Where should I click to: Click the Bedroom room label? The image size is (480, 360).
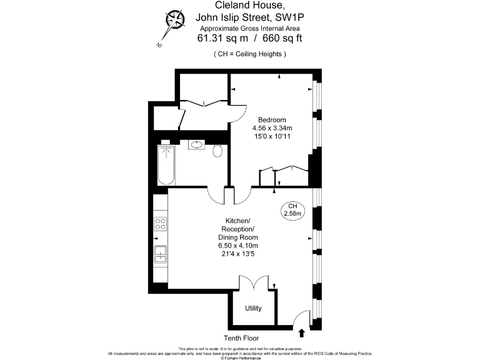(273, 120)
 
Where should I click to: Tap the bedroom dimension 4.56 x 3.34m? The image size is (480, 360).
(273, 129)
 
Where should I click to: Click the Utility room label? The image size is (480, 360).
(253, 309)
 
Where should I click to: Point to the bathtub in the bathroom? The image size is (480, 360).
(166, 165)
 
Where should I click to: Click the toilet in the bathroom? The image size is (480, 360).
(217, 151)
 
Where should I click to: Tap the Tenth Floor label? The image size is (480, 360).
(242, 338)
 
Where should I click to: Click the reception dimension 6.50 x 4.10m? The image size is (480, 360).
(237, 246)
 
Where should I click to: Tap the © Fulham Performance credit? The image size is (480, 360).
(241, 357)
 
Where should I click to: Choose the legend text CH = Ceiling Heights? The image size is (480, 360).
(250, 54)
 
